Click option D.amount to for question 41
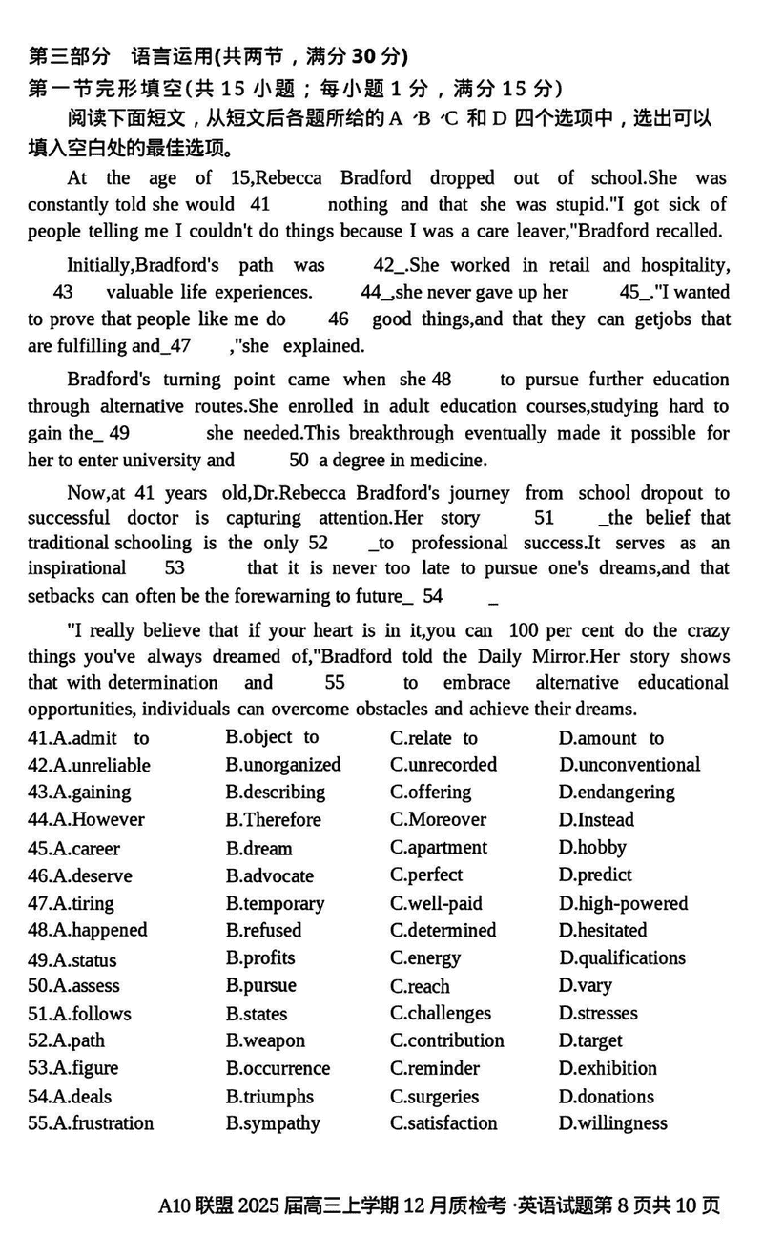[x=610, y=738]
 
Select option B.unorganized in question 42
[x=283, y=765]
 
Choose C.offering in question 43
[x=430, y=792]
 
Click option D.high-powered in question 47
[x=623, y=903]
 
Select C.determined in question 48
[x=443, y=930]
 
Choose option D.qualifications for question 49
[x=622, y=957]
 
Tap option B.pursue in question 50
[x=260, y=985]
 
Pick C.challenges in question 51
[x=440, y=1013]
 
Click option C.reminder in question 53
[x=434, y=1068]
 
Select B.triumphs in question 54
[x=269, y=1097]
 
